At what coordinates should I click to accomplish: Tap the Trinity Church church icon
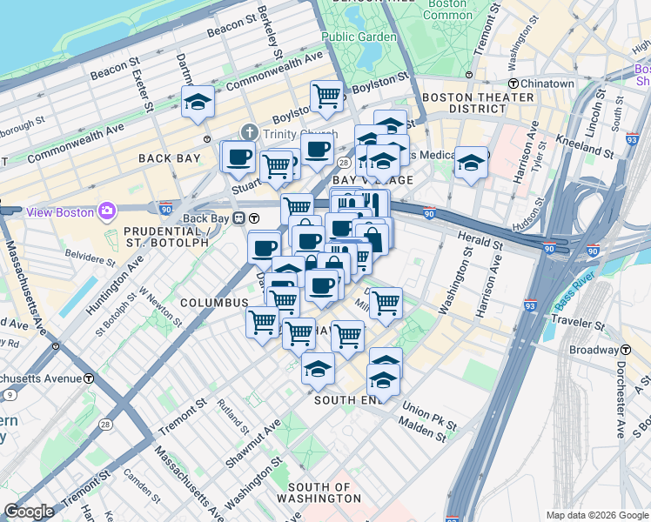pos(250,133)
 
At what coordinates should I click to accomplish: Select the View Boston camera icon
pos(106,211)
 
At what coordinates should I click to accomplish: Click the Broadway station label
pos(594,350)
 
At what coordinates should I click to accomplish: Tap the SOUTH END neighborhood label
pos(348,399)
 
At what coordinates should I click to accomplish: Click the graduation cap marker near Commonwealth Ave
pos(198,102)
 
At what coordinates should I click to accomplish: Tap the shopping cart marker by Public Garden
pos(326,96)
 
